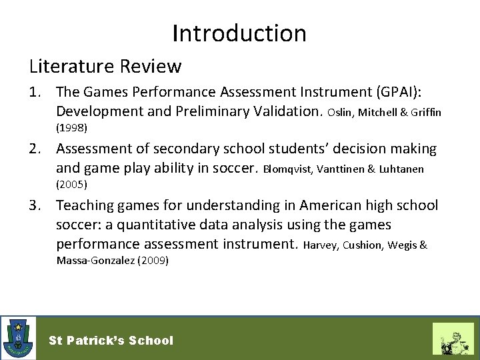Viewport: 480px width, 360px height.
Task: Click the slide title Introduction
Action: tap(239, 33)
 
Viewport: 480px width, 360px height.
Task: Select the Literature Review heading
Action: tap(105, 66)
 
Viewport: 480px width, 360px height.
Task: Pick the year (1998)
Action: tap(72, 126)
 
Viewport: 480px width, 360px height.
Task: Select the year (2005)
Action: tap(72, 183)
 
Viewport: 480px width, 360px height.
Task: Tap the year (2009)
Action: tap(153, 261)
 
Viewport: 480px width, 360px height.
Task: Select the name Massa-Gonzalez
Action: tap(95, 261)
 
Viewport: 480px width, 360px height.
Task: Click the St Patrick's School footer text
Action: tap(111, 341)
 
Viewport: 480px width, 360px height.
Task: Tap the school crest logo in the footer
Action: tap(19, 338)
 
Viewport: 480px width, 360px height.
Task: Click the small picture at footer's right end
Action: tap(453, 339)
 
